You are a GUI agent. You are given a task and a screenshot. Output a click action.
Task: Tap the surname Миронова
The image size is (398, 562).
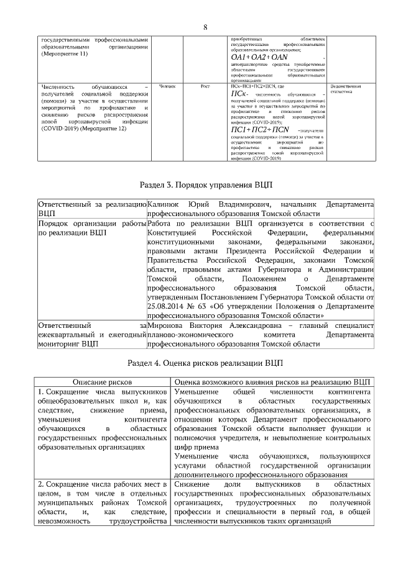[x=166, y=325]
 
